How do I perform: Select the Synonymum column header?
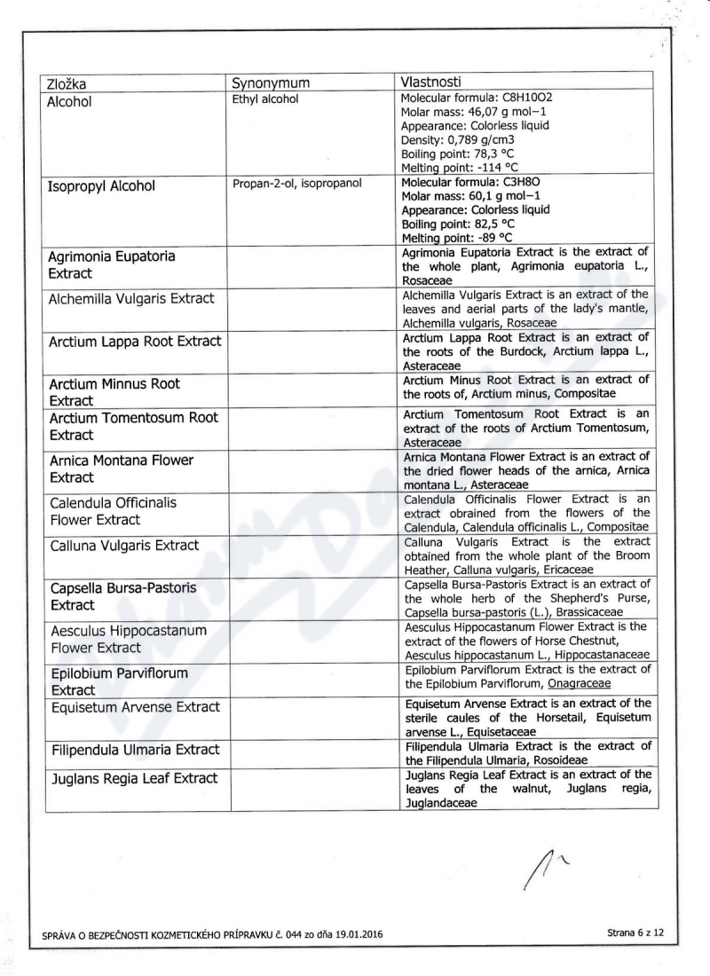[x=271, y=84]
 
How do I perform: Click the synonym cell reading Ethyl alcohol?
[x=264, y=99]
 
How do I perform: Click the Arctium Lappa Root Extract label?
[x=135, y=342]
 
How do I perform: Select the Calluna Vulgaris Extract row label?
[x=124, y=545]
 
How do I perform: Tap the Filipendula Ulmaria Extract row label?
[x=134, y=750]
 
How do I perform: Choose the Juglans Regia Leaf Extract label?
[x=133, y=779]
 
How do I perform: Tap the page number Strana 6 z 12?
[x=635, y=933]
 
